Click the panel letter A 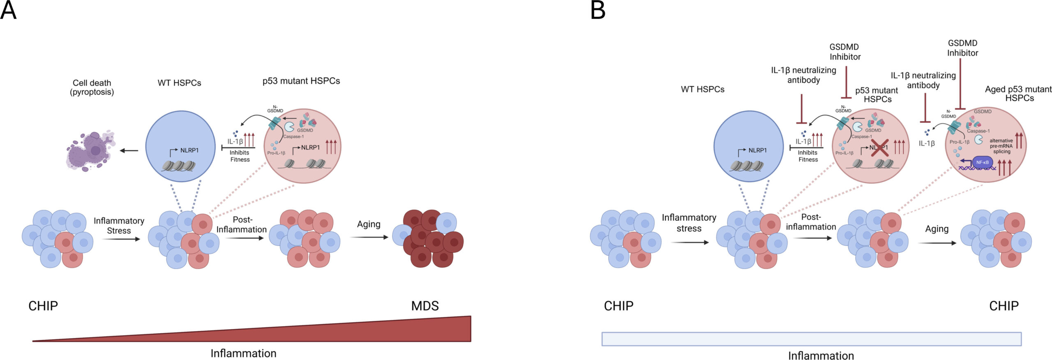[x=8, y=11]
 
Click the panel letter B [x=598, y=11]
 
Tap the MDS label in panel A [x=425, y=306]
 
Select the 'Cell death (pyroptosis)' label [x=92, y=88]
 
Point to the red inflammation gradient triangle [x=370, y=331]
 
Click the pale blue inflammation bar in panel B [x=811, y=339]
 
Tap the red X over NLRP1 [x=879, y=148]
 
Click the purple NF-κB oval [x=982, y=162]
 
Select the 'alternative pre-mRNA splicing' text [x=1001, y=146]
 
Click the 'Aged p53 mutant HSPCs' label [x=1018, y=94]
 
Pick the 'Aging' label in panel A [x=369, y=224]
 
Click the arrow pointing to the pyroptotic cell [x=129, y=151]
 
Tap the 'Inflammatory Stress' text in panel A [x=119, y=226]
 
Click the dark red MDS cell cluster [x=429, y=239]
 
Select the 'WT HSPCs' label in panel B [x=702, y=89]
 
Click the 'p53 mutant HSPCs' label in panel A [x=301, y=81]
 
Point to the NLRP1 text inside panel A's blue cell [x=189, y=150]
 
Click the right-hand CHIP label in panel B [x=1004, y=306]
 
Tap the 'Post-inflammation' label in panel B [x=811, y=222]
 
